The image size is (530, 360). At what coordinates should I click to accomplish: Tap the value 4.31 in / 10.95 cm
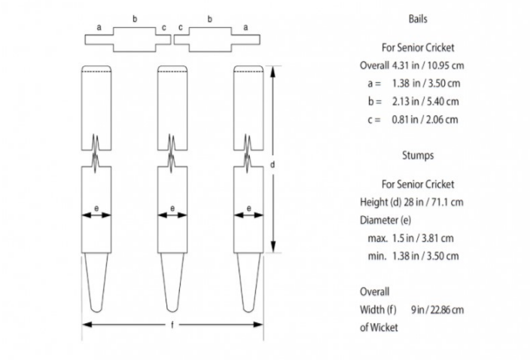point(434,66)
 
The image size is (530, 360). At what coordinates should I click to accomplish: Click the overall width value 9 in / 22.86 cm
point(437,310)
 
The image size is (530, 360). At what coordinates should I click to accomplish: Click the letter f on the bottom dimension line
point(172,325)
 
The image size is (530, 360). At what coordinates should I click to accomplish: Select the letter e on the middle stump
point(172,208)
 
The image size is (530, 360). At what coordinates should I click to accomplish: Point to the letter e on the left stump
point(96,208)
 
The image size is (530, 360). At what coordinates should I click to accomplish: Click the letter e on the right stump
point(249,208)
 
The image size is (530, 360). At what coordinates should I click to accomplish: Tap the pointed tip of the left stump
point(96,308)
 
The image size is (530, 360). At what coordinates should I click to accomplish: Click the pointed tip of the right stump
point(249,308)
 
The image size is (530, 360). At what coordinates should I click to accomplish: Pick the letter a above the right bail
point(245,26)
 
